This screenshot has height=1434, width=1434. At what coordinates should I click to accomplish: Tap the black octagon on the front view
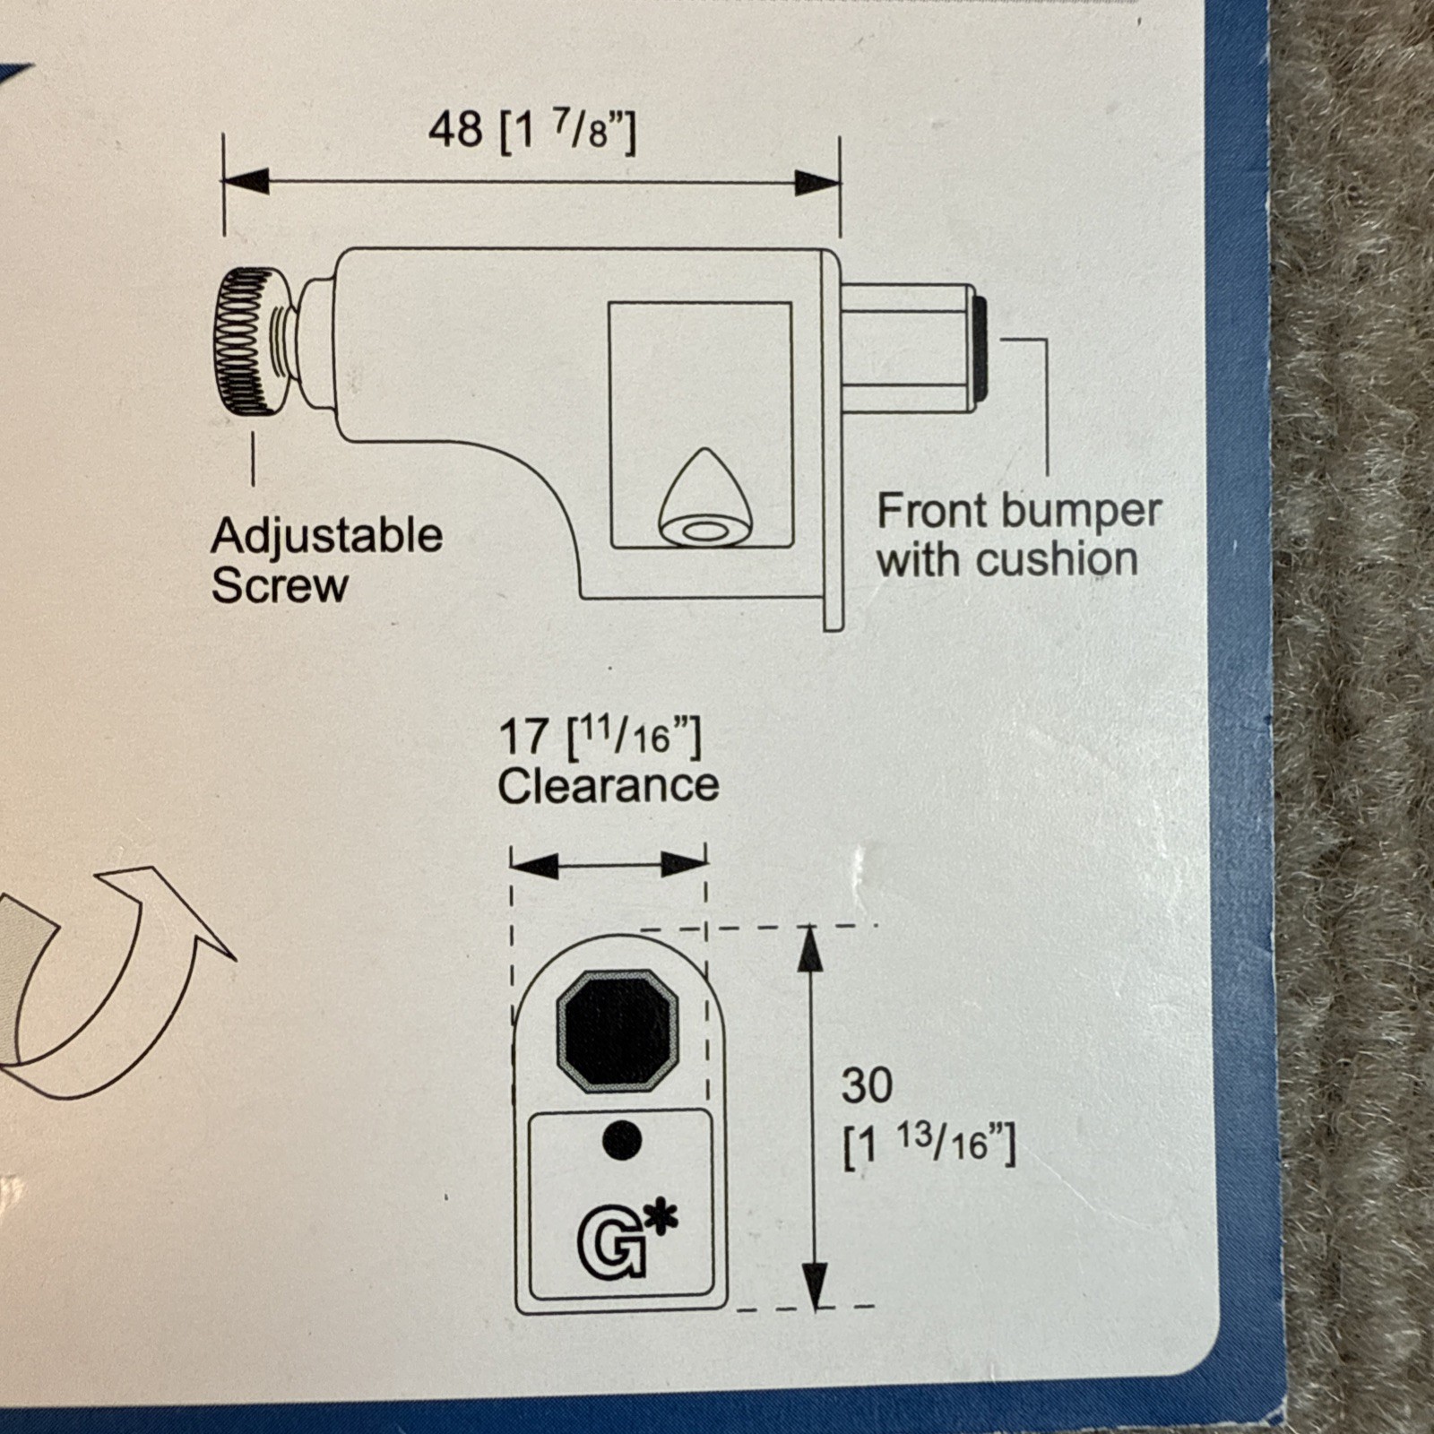click(x=618, y=1031)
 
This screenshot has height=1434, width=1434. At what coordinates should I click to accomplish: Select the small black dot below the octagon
click(x=623, y=1140)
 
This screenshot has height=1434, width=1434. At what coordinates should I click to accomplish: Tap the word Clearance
click(x=609, y=786)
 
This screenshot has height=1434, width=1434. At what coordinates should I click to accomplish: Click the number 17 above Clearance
click(x=523, y=737)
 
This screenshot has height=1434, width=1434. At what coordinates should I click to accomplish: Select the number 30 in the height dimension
click(x=867, y=1085)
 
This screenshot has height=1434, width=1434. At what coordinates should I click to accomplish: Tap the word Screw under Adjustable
click(x=280, y=586)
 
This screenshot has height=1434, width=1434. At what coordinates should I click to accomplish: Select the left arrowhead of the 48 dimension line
click(x=246, y=180)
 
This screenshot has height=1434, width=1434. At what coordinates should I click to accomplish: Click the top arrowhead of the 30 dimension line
click(x=810, y=948)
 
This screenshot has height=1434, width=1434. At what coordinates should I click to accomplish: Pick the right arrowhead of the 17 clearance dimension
click(x=684, y=864)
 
